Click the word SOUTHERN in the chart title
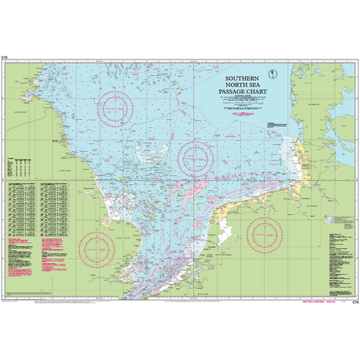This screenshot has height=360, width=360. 243,79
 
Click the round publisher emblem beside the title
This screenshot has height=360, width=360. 270,75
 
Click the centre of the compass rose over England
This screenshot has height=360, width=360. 100,248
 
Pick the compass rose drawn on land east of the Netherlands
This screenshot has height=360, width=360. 265,234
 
